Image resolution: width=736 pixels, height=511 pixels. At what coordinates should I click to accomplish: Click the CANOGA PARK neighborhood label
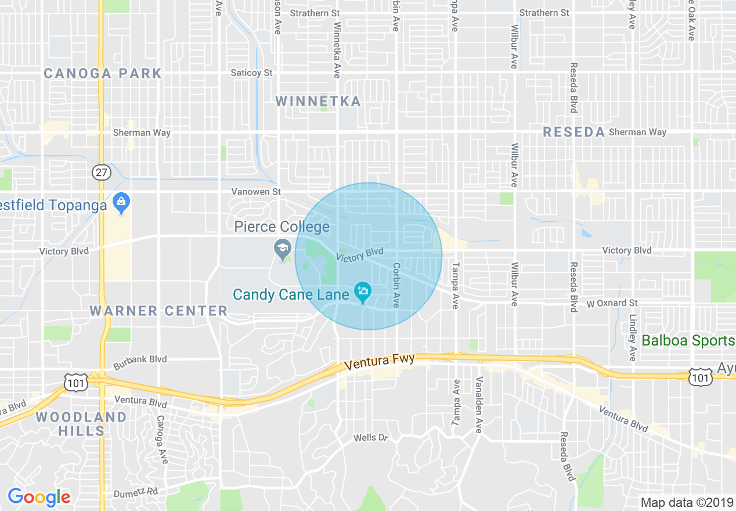[x=103, y=73]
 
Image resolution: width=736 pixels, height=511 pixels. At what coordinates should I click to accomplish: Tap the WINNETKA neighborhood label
[x=318, y=102]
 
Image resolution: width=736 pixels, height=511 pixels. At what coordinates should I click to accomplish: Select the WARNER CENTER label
[x=158, y=311]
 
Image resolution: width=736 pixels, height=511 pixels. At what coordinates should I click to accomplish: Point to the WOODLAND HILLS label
[x=81, y=424]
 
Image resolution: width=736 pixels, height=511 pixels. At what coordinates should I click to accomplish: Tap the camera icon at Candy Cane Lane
[x=363, y=292]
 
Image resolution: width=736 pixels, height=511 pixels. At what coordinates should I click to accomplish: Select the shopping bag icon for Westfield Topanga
[x=121, y=203]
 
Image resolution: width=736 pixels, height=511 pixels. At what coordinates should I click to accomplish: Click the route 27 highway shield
[x=101, y=172]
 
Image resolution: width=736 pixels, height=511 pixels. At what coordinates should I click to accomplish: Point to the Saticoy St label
[x=251, y=73]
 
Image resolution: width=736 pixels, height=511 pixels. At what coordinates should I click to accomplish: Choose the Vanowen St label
[x=256, y=191]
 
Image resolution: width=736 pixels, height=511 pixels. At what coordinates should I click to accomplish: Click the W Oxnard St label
[x=612, y=303]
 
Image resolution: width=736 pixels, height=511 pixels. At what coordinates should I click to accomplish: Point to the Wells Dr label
[x=370, y=437]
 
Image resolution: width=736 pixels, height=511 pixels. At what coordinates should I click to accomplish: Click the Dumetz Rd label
[x=136, y=491]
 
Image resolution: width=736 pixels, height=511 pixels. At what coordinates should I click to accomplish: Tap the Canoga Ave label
[x=161, y=439]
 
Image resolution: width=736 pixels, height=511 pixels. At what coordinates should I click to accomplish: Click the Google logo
[x=39, y=497]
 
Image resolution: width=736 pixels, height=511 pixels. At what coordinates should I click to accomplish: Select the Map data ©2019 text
[x=686, y=502]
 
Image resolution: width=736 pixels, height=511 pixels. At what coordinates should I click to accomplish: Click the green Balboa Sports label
[x=688, y=340]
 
